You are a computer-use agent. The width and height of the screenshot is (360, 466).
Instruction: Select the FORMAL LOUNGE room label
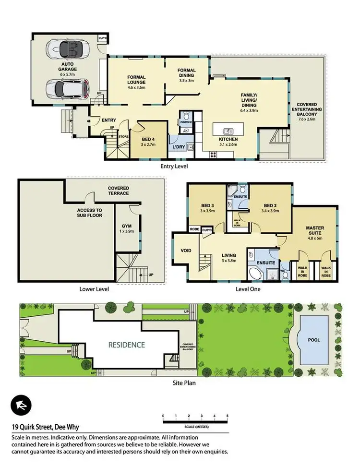136,80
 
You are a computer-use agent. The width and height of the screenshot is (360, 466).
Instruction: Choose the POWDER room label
186,122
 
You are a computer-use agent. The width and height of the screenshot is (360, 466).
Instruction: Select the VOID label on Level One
186,251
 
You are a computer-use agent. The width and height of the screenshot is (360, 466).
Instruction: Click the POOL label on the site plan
314,339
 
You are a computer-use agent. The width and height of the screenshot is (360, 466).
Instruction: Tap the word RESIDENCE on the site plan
126,345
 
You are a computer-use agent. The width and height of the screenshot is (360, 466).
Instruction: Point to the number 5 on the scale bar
227,416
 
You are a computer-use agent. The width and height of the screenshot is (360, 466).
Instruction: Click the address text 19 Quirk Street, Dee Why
46,427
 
